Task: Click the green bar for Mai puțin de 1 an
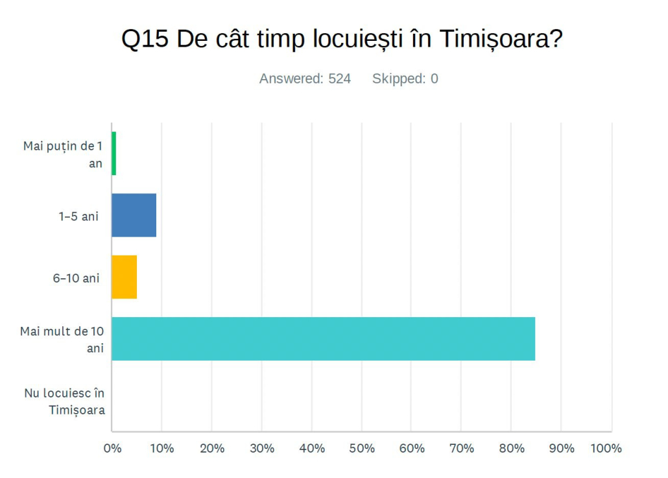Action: (x=114, y=154)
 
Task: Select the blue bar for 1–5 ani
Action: (x=134, y=215)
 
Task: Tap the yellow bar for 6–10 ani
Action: (x=125, y=277)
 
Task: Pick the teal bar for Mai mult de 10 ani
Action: (x=323, y=339)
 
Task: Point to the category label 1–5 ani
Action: (x=78, y=216)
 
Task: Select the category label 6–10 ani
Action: (x=77, y=278)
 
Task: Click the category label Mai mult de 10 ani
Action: (x=62, y=339)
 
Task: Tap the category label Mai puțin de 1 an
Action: (x=64, y=154)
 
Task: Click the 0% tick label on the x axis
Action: (x=113, y=448)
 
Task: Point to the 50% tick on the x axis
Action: (x=362, y=448)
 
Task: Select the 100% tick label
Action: (x=607, y=448)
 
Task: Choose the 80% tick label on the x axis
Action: (x=511, y=448)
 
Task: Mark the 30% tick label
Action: (x=262, y=448)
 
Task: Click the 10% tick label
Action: (x=161, y=448)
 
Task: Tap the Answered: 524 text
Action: (x=305, y=79)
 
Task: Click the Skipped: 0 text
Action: (x=405, y=79)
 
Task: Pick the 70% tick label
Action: (x=461, y=448)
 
